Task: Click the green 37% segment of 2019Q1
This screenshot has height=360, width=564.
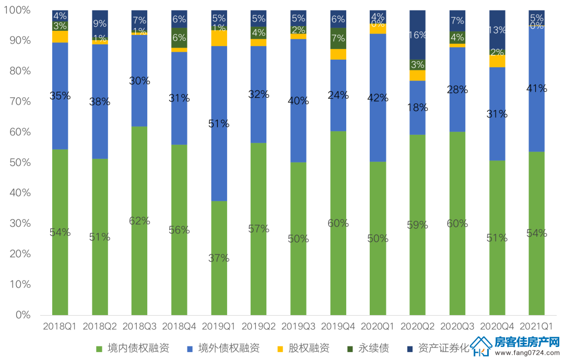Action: (x=219, y=258)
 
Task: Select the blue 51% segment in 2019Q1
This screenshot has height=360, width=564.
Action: (x=219, y=123)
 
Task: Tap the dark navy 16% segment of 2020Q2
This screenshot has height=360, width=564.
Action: (x=418, y=34)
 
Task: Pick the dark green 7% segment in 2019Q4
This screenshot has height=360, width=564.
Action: (x=338, y=39)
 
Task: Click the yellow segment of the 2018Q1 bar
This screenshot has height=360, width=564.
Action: (x=60, y=37)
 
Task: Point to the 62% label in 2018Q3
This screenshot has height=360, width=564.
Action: (x=139, y=220)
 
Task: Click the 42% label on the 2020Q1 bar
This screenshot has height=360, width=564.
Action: (x=378, y=98)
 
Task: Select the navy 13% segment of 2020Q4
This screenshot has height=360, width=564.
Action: (x=497, y=30)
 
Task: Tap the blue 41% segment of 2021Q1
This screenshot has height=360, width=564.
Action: (x=537, y=89)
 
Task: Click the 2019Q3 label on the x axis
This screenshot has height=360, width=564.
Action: (x=298, y=327)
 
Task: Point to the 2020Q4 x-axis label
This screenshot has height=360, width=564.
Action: (x=497, y=327)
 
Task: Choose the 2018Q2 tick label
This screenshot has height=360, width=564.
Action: (x=100, y=327)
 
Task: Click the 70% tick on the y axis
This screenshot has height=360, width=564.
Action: (x=20, y=101)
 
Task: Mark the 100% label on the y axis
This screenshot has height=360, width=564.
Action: (x=17, y=10)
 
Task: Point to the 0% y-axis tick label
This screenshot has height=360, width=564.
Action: (x=23, y=315)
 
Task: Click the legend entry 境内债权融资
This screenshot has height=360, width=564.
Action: (x=132, y=348)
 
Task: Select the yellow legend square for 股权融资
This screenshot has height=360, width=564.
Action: (x=280, y=349)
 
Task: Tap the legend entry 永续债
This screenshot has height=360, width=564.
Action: (x=368, y=348)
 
